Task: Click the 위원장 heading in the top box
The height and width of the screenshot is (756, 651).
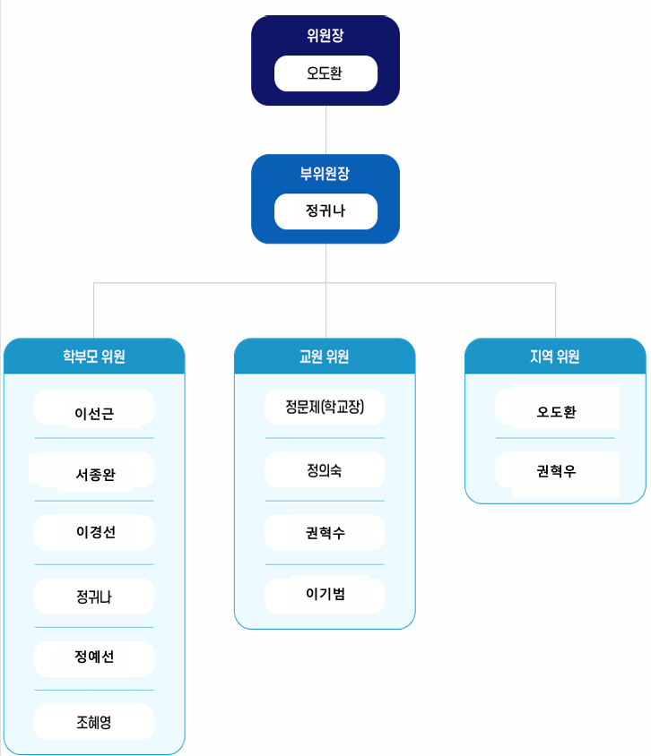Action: point(325,35)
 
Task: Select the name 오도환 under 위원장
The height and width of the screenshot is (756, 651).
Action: point(325,73)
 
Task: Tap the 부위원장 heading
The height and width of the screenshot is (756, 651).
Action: point(325,173)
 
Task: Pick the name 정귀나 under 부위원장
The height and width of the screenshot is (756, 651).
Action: point(325,210)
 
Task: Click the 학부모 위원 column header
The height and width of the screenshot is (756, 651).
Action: point(94,357)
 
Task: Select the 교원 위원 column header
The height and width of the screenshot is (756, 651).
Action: point(325,357)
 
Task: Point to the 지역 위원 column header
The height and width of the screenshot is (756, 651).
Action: point(555,357)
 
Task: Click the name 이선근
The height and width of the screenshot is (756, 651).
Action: point(94,413)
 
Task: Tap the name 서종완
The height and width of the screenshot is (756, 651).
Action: point(96,475)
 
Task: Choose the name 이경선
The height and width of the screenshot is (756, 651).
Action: point(96,532)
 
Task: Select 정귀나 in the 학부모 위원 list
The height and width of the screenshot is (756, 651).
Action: point(94,597)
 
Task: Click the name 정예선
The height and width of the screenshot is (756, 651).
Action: point(94,657)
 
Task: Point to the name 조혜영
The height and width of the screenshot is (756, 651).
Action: point(94,722)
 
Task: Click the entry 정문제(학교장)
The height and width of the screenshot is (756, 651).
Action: point(325,407)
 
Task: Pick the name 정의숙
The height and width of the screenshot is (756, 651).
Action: point(325,470)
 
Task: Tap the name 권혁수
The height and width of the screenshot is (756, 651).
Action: point(325,533)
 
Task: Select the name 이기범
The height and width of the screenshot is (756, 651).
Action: point(325,594)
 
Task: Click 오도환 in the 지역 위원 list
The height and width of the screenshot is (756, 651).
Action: point(557,412)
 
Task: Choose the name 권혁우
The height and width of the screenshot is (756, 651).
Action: point(557,471)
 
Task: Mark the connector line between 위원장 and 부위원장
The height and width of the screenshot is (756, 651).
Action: point(325,130)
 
